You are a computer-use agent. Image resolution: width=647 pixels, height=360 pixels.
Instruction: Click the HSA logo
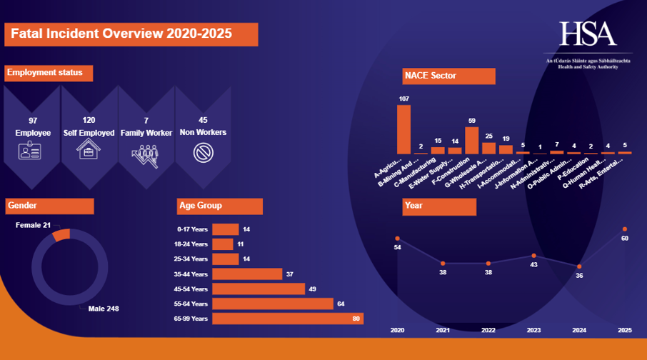click(x=587, y=34)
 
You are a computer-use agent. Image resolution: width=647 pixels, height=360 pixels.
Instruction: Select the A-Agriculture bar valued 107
click(x=403, y=129)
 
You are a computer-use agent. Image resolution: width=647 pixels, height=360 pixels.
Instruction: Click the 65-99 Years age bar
click(x=288, y=319)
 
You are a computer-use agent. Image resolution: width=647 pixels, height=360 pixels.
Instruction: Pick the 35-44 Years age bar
click(x=247, y=274)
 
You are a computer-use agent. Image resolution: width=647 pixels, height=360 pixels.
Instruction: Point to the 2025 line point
click(x=625, y=229)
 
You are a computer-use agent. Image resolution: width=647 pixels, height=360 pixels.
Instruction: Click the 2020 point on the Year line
click(x=397, y=238)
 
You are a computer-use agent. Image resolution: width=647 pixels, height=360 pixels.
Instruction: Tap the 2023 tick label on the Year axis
click(x=533, y=330)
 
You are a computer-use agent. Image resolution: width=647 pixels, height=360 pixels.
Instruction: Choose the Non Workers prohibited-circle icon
click(x=203, y=152)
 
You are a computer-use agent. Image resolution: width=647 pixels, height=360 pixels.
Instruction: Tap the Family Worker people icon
click(x=145, y=153)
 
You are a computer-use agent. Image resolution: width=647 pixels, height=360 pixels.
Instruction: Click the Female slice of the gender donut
click(x=61, y=234)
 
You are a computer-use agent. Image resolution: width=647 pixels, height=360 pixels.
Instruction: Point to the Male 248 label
click(x=104, y=309)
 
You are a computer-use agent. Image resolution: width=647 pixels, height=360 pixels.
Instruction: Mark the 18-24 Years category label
click(x=192, y=244)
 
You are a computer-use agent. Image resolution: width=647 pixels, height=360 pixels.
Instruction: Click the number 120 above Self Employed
click(x=89, y=120)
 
